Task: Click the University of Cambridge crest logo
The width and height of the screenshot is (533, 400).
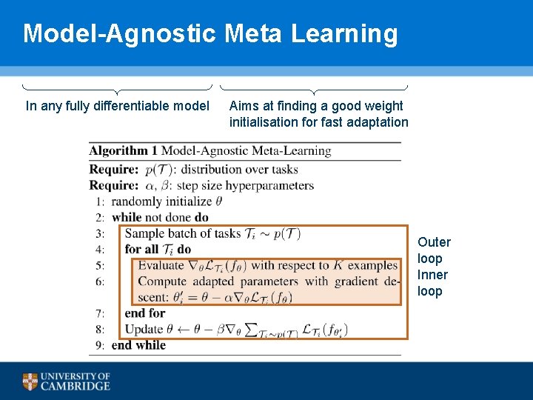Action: [30, 381]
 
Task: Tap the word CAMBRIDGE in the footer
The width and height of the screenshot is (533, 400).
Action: [76, 386]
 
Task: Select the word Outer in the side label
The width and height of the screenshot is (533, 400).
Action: [434, 242]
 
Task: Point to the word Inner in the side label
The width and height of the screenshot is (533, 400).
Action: [433, 275]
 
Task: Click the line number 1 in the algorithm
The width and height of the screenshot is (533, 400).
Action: [100, 201]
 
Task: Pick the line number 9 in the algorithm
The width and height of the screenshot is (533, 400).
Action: [100, 345]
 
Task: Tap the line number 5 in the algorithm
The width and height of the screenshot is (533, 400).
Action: [100, 265]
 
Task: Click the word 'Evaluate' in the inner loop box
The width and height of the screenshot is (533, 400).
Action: [161, 265]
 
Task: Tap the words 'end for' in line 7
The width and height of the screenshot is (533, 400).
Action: [145, 313]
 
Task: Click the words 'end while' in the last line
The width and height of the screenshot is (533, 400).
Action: [138, 345]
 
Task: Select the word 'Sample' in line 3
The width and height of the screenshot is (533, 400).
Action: [146, 233]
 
